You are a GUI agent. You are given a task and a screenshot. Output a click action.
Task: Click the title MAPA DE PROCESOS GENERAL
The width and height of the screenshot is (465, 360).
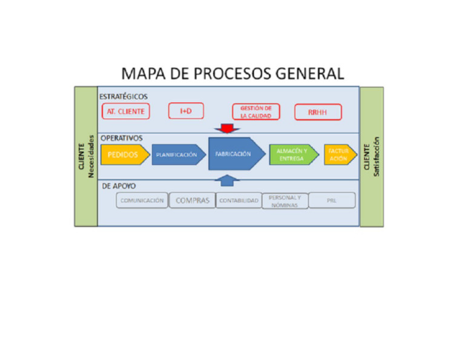click(x=232, y=74)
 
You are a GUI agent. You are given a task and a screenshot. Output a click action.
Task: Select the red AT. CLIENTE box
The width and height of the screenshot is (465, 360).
click(x=125, y=112)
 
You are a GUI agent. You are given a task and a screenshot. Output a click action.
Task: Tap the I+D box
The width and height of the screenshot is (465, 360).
click(x=185, y=111)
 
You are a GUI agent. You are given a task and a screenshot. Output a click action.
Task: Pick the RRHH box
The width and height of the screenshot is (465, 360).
click(x=318, y=112)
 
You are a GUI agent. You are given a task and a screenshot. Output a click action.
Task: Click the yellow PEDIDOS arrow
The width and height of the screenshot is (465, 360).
click(x=124, y=155)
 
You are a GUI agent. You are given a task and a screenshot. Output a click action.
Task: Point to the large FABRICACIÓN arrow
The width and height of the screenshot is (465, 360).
click(x=235, y=154)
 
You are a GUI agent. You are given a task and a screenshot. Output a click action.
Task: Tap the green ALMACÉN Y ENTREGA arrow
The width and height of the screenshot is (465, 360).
click(x=292, y=155)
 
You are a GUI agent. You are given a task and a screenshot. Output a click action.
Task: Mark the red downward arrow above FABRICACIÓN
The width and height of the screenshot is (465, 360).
click(x=227, y=128)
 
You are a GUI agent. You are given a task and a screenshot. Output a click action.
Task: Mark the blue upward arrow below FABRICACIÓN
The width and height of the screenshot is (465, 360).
click(x=227, y=179)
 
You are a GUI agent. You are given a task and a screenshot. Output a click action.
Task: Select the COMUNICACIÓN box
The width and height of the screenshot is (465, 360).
click(x=142, y=201)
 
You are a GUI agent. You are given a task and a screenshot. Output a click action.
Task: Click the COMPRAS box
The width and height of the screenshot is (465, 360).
click(x=192, y=201)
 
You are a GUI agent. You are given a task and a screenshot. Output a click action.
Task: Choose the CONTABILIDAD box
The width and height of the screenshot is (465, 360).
click(x=239, y=201)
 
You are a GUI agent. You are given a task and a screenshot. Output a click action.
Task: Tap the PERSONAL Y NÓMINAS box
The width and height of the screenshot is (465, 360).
click(x=285, y=201)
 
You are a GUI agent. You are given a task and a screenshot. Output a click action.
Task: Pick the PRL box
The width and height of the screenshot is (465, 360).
click(x=332, y=201)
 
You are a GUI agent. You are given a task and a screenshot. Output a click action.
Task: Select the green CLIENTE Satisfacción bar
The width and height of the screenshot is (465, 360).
click(x=372, y=156)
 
